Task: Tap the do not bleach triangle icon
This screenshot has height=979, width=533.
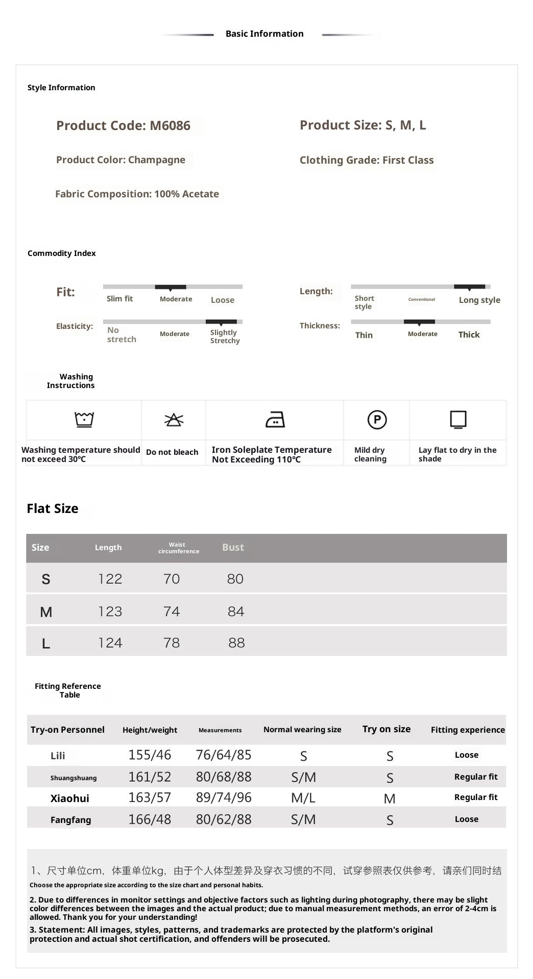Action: pos(174,420)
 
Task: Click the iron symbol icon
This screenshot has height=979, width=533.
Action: pos(275,420)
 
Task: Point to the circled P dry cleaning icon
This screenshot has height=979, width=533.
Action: pos(377,420)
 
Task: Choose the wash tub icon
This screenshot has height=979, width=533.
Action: pos(84,420)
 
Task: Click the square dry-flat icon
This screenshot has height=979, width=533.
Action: pos(458,420)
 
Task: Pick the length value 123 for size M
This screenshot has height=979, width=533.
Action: pos(110,611)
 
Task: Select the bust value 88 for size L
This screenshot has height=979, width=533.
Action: pos(236,643)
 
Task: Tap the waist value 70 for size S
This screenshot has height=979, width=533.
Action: pos(172,579)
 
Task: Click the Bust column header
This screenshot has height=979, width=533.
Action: pos(233,548)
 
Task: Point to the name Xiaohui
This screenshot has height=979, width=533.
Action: pos(70,798)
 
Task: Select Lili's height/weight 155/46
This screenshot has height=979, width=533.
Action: pos(150,755)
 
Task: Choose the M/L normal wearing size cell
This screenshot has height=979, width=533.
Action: pos(303,798)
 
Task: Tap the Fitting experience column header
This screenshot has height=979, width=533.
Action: pos(468,730)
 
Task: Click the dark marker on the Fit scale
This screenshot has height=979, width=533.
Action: pos(171,287)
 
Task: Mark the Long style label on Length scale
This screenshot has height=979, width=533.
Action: pos(479,300)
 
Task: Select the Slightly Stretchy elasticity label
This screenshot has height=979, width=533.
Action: pos(225,337)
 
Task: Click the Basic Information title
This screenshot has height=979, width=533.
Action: pos(264,34)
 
